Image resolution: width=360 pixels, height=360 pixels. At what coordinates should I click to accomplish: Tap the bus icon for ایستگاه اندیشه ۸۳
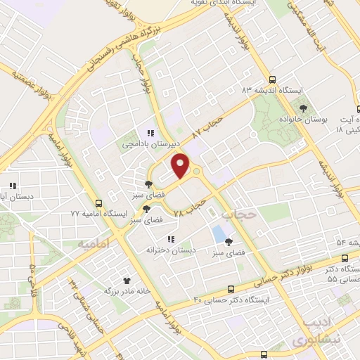[272, 79]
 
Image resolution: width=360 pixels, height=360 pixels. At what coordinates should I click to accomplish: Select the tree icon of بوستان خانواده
[302, 108]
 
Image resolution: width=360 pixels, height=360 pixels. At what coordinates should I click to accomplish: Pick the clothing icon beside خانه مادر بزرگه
[127, 281]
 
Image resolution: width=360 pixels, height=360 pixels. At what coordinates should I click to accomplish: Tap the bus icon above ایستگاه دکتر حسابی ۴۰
[232, 289]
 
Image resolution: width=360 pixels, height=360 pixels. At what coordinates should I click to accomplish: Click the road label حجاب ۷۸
[188, 206]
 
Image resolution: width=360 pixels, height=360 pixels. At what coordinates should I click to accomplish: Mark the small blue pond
[219, 231]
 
